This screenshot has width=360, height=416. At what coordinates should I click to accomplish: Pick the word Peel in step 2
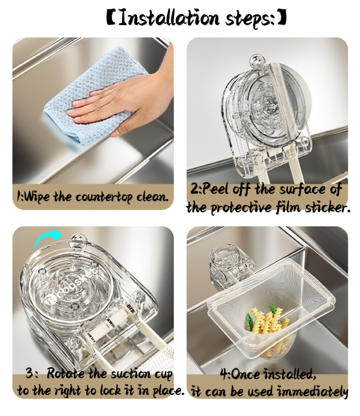tap(215, 189)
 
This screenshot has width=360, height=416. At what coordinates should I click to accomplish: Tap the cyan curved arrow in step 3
tap(47, 239)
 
